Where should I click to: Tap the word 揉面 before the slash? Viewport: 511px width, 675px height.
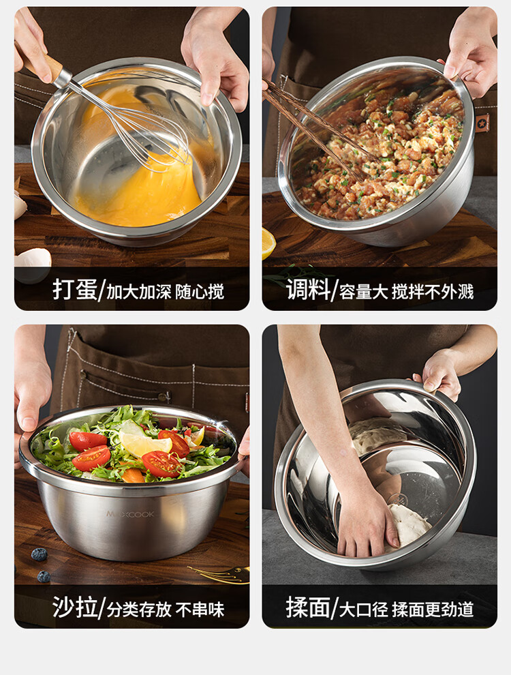(x=309, y=607)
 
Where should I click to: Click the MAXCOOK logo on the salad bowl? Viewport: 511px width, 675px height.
(x=130, y=514)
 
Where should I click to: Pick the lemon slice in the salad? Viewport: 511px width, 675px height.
(x=143, y=443)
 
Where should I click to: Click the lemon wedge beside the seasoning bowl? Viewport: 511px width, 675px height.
(x=268, y=243)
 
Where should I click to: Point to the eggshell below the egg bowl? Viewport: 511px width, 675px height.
(x=33, y=265)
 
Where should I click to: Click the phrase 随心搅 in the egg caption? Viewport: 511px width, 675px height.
(x=200, y=292)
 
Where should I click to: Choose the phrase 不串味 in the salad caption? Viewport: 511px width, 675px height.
(x=200, y=610)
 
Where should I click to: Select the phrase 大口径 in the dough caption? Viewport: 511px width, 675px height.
(x=364, y=610)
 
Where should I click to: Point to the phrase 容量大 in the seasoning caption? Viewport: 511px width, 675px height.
(x=364, y=292)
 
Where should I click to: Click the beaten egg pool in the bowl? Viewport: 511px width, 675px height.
(x=137, y=190)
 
